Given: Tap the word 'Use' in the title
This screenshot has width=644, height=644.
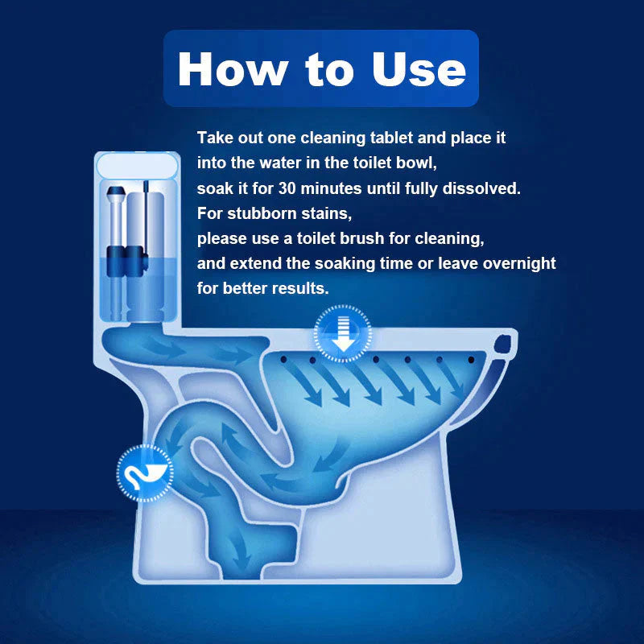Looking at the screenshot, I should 419,69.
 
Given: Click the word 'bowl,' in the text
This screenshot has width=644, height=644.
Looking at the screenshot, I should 414,163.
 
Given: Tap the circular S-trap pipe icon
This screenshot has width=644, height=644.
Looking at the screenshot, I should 146,474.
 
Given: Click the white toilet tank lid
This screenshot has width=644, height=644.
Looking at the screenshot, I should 135,167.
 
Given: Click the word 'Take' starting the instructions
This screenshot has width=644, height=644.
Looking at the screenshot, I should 213,138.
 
